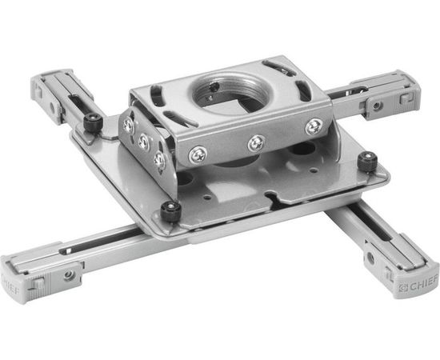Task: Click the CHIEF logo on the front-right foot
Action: pos(418,286)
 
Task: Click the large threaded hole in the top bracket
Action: pos(231,93)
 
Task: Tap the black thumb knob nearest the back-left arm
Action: pos(94,122)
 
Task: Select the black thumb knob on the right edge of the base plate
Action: pos(367,162)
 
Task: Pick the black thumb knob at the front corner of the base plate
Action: pos(170,211)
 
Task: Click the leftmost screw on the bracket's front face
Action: pos(198,155)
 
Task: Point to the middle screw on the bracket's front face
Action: pos(257,143)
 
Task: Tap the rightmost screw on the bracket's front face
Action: pos(314,126)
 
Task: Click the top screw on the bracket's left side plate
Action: pos(129,125)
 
